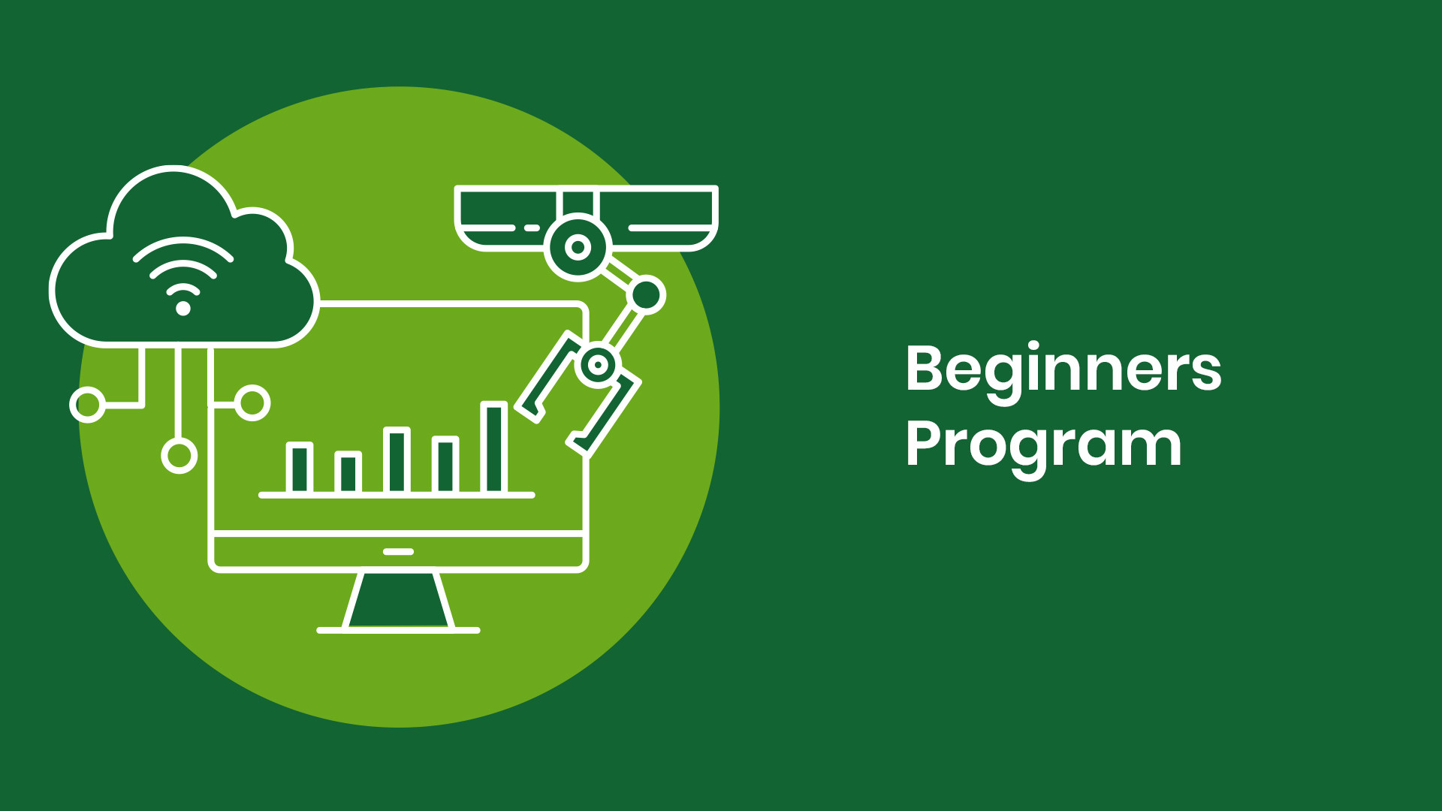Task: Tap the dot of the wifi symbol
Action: [x=183, y=308]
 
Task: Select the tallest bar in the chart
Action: [x=493, y=448]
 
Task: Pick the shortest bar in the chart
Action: [x=348, y=472]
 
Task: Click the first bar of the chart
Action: [x=299, y=468]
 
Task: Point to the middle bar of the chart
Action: [x=397, y=460]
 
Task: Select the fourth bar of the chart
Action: [x=445, y=465]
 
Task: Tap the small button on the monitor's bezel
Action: [x=398, y=552]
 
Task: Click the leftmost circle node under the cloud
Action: [x=87, y=405]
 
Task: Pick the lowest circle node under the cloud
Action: [x=179, y=456]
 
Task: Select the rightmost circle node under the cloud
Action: [x=252, y=403]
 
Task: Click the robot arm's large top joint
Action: [x=578, y=247]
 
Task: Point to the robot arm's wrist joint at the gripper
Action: [x=597, y=365]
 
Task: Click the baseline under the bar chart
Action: [x=397, y=496]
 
